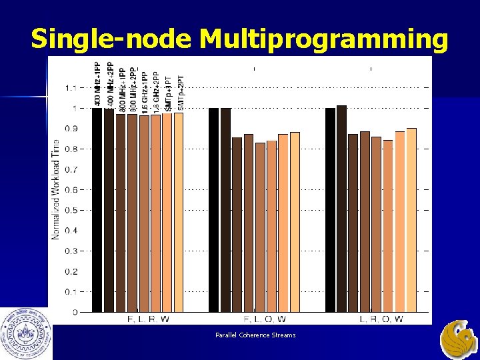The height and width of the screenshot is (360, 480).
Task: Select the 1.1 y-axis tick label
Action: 71,87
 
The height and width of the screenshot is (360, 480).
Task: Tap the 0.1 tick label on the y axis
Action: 71,291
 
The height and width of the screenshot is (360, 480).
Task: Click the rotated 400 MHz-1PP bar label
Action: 97,84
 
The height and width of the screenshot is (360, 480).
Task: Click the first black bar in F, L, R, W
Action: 97,209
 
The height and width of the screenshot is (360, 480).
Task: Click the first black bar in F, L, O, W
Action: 213,209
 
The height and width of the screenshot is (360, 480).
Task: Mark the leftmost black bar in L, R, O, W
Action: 330,209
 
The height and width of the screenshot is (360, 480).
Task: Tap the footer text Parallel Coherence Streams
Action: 255,335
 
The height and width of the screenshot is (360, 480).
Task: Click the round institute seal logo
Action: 26,333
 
